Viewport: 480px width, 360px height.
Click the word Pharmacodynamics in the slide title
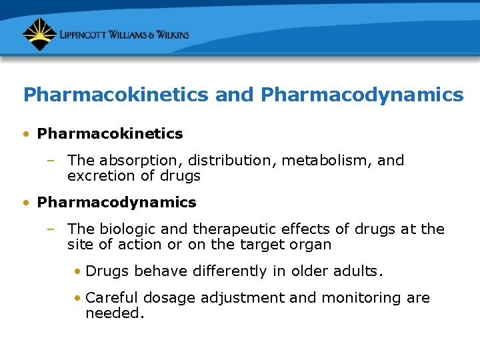[x=362, y=95]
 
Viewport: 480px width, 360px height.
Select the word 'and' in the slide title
[x=234, y=95]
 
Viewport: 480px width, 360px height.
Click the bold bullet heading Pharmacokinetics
[x=110, y=134]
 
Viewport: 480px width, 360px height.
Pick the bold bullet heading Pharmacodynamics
[x=117, y=202]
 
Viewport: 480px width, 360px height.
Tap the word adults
[x=359, y=271]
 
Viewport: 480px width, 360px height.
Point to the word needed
[x=114, y=313]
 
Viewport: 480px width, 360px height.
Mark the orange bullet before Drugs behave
[x=78, y=271]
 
